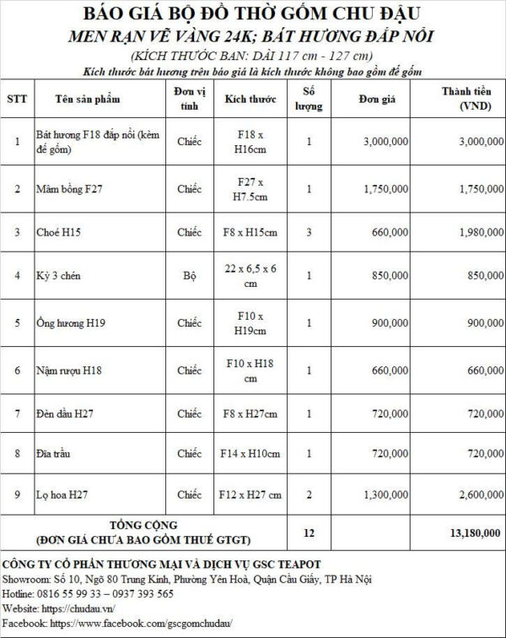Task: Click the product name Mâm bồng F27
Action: [x=64, y=189]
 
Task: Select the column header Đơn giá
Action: [x=372, y=99]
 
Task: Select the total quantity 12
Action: [x=309, y=533]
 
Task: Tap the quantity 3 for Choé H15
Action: [x=309, y=230]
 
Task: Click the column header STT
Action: [x=17, y=99]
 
